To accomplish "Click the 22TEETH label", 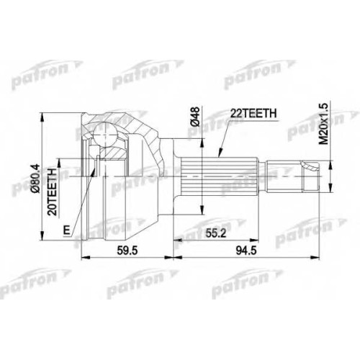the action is [253, 113].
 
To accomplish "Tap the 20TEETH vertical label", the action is [53, 192].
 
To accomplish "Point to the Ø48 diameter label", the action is [196, 117].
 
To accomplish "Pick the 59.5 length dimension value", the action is [127, 251].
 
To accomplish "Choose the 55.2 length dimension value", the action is [216, 233].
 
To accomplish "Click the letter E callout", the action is [66, 230].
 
